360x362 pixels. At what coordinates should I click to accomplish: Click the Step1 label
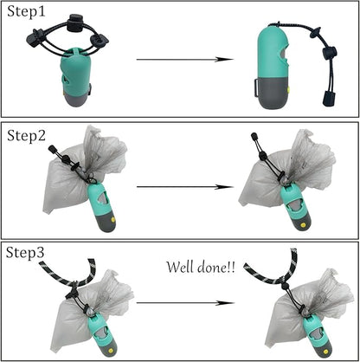[x=26, y=12]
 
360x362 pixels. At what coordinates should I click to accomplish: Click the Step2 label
[x=26, y=135]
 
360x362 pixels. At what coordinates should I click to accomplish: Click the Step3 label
[x=25, y=253]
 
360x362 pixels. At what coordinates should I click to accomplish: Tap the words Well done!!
[x=201, y=268]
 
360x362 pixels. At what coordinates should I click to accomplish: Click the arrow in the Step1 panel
[x=184, y=60]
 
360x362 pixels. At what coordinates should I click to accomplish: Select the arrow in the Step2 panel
[x=184, y=187]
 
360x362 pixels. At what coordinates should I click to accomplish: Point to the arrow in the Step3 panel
[x=184, y=303]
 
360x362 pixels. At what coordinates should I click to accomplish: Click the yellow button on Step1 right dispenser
[x=289, y=90]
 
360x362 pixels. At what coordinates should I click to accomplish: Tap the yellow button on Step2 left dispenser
[x=113, y=220]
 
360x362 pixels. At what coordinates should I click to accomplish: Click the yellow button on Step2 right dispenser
[x=303, y=224]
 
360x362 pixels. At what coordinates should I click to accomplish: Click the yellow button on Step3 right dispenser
[x=325, y=352]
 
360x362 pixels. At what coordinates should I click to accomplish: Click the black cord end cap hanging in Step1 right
[x=329, y=98]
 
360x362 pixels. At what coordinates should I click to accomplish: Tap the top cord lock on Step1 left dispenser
[x=74, y=22]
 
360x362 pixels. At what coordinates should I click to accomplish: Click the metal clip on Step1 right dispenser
[x=256, y=87]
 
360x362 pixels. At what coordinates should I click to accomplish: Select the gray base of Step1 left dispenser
[x=76, y=99]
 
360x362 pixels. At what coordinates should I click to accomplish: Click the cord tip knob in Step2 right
[x=254, y=136]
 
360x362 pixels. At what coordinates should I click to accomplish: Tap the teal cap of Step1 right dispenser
[x=273, y=51]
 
